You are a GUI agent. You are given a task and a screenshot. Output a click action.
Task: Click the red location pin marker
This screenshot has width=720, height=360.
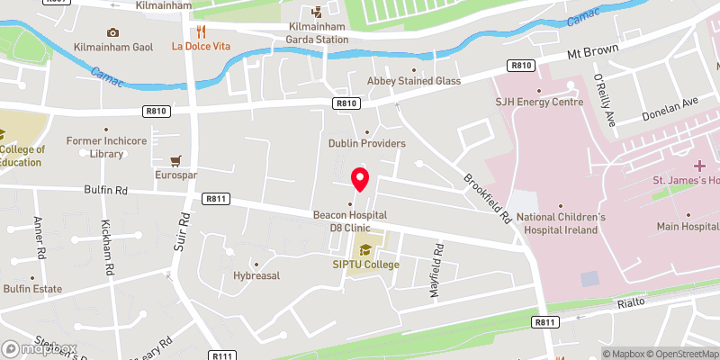point(360,178)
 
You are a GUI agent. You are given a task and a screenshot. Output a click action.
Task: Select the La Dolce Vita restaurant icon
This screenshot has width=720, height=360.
point(189,30)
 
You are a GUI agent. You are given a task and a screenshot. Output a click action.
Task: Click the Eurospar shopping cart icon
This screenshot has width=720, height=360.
point(176,159)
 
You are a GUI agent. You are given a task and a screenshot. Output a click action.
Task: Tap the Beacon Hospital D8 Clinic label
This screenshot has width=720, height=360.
point(350,220)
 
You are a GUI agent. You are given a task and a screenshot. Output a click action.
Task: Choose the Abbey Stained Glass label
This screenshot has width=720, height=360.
point(414,81)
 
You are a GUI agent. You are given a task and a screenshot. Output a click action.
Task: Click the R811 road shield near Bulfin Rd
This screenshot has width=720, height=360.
point(216,199)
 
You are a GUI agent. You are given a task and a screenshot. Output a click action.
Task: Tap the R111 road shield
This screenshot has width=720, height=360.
point(221,355)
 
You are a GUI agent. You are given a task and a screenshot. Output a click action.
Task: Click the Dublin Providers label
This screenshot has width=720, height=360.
point(366,144)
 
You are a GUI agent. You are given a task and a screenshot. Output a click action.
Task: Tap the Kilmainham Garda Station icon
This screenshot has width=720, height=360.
point(316,13)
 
